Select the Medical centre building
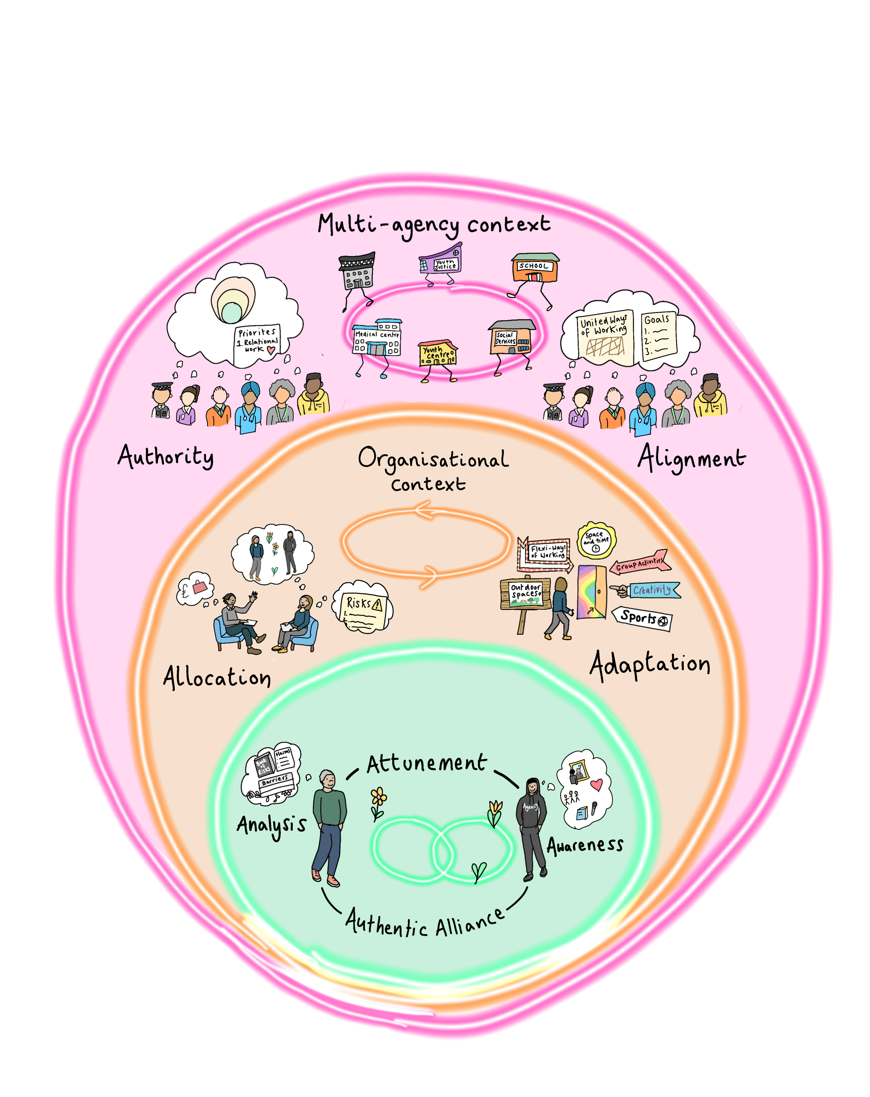377,338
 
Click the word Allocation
217,678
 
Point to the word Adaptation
650,665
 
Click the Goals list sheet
658,335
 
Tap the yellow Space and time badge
596,541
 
